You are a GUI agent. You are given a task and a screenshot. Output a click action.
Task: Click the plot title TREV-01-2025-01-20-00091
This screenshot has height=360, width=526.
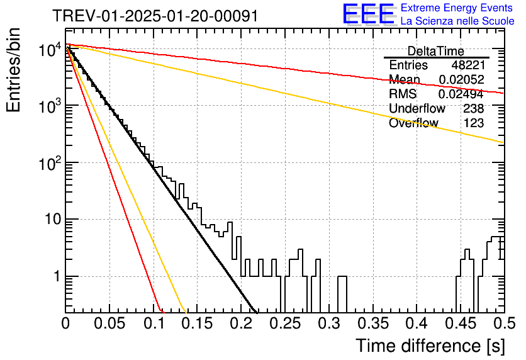click(155, 16)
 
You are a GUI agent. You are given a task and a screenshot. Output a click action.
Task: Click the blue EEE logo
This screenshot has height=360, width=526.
click(369, 14)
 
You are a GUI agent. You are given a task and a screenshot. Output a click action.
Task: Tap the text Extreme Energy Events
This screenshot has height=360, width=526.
click(457, 8)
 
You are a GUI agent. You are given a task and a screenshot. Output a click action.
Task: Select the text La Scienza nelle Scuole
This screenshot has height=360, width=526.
click(457, 21)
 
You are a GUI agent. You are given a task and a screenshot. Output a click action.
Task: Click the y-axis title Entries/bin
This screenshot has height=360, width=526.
click(13, 70)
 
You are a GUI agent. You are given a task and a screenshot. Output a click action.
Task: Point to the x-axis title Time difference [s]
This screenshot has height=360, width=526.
click(430, 346)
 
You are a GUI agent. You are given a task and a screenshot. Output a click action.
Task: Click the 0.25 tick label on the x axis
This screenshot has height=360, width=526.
click(286, 323)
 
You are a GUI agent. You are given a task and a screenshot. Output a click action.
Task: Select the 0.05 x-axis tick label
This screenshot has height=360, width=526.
click(109, 323)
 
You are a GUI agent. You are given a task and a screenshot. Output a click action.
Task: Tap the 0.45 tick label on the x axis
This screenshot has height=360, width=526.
click(461, 323)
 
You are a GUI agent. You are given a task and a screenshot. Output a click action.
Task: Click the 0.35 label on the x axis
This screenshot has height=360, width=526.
click(373, 323)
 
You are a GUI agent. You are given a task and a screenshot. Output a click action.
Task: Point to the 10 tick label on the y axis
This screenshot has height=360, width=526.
click(53, 220)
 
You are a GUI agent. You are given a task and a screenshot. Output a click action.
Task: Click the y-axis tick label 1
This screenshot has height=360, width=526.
click(57, 276)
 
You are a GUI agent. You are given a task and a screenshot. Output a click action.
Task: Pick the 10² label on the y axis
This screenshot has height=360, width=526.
click(50, 164)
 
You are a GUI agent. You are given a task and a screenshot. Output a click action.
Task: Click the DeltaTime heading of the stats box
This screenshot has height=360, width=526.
click(436, 52)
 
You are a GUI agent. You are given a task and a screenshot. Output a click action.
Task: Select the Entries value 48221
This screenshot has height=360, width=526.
click(468, 65)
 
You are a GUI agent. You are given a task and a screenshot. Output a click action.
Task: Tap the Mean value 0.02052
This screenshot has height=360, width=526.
click(462, 79)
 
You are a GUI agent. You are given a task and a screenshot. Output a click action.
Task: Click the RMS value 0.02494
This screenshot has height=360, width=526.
click(461, 94)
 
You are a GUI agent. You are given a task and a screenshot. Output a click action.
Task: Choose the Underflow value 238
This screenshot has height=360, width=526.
click(474, 108)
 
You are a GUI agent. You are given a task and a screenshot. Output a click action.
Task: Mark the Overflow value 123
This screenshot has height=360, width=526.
click(474, 123)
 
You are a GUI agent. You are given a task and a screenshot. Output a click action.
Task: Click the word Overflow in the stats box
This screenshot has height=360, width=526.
click(413, 123)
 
